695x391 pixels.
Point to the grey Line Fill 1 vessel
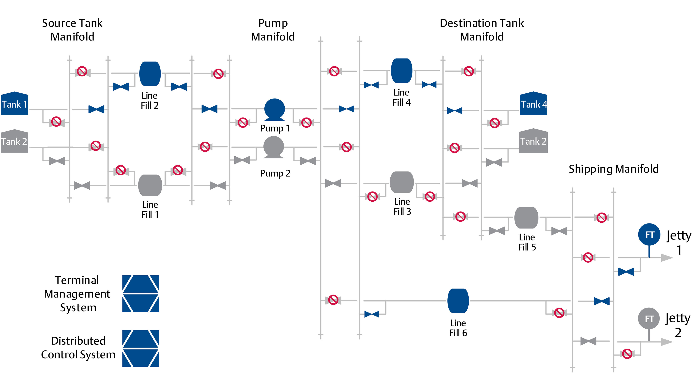point(150,185)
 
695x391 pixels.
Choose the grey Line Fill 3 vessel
point(402,182)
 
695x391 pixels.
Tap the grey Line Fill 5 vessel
point(526,218)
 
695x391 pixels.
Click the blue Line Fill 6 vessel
point(458,301)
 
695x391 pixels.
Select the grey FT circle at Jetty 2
point(649,319)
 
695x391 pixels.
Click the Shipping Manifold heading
point(614,169)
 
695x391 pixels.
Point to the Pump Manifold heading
point(273,30)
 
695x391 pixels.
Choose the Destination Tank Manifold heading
point(482,30)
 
